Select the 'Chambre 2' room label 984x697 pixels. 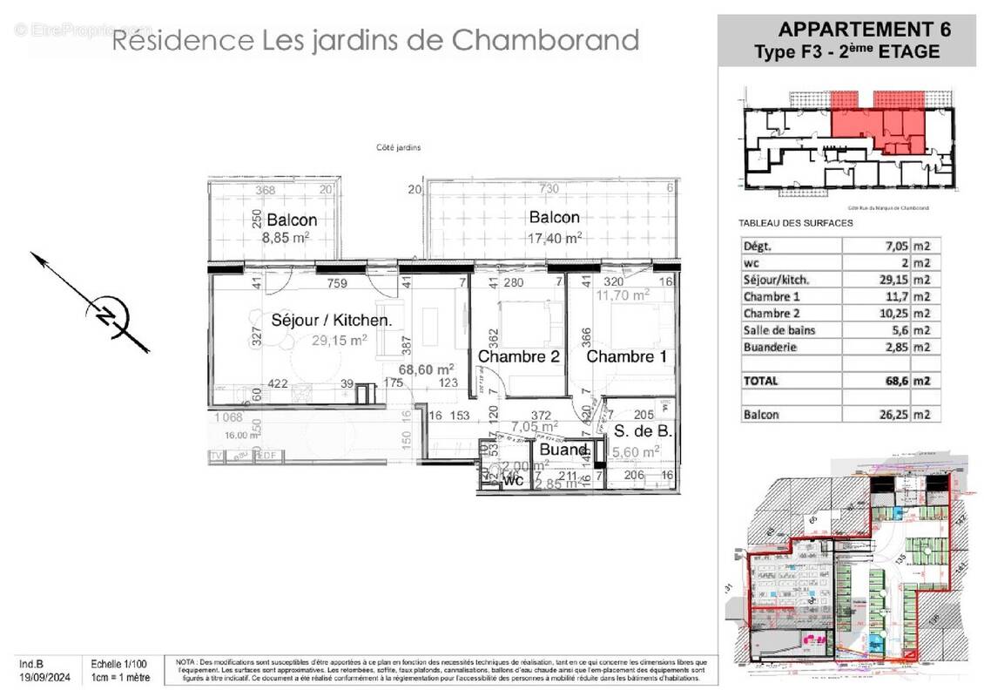[517, 356]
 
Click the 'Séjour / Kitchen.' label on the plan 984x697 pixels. [331, 320]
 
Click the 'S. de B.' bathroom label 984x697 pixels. [643, 431]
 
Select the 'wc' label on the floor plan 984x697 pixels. [514, 480]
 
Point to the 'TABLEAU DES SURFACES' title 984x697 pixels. [795, 223]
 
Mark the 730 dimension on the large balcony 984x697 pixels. [549, 189]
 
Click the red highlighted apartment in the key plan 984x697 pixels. [875, 122]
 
